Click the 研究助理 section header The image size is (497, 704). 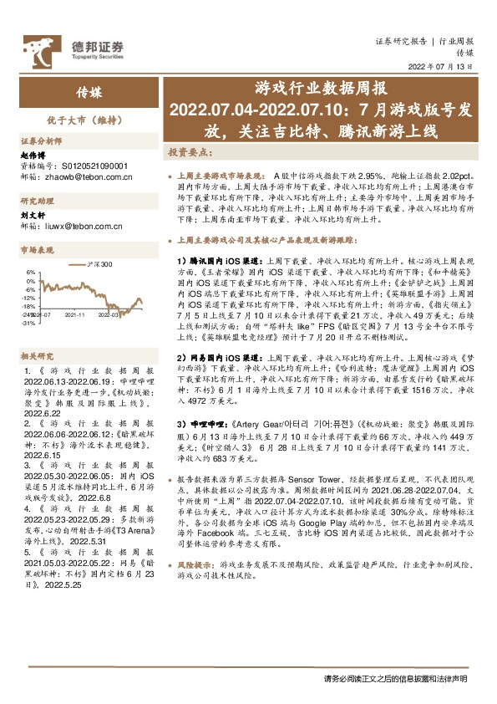(38, 202)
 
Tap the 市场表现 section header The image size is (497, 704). (38, 250)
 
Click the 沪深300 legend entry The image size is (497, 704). (99, 265)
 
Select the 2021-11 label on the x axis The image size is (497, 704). (76, 315)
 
